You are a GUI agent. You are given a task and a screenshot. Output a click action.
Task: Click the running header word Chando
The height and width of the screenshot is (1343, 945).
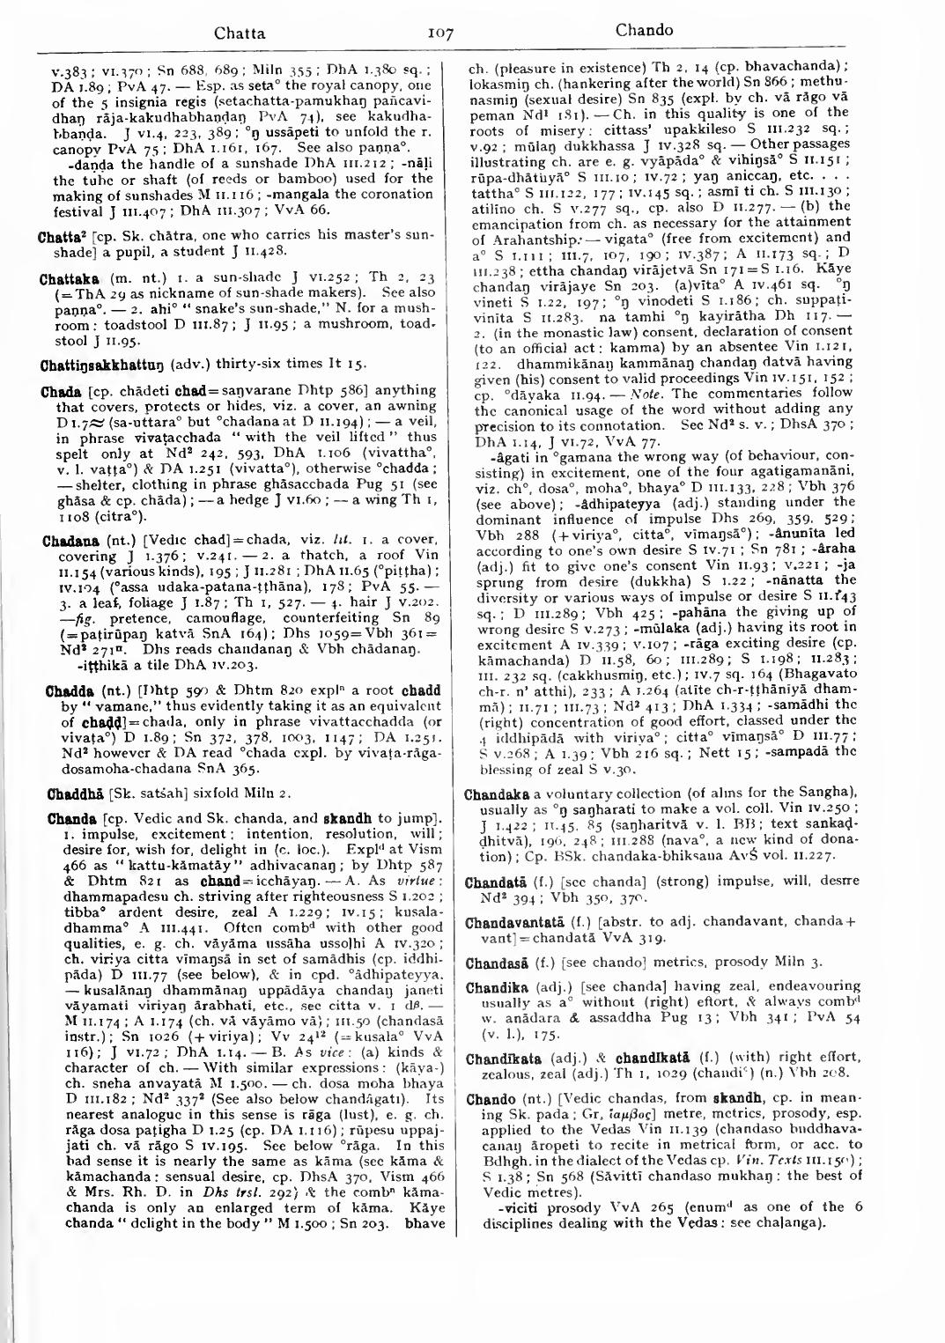(x=644, y=30)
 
